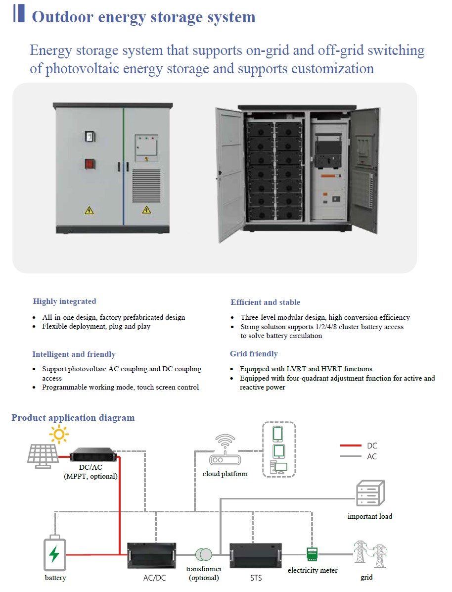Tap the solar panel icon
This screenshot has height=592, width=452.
(43, 456)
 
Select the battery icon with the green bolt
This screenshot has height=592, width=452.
(54, 554)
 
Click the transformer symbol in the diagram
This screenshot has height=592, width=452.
(203, 554)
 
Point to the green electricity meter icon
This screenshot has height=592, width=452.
(312, 553)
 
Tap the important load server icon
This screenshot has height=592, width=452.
(370, 493)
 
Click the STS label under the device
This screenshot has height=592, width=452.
(256, 578)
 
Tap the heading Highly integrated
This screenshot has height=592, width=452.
(65, 301)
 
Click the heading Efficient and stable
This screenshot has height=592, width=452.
(265, 302)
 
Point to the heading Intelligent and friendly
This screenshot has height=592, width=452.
(74, 354)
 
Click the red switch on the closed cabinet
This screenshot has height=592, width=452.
(90, 163)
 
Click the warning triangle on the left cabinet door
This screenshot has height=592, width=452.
(89, 210)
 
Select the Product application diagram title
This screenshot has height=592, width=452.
(73, 418)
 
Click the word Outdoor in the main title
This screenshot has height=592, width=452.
(63, 17)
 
